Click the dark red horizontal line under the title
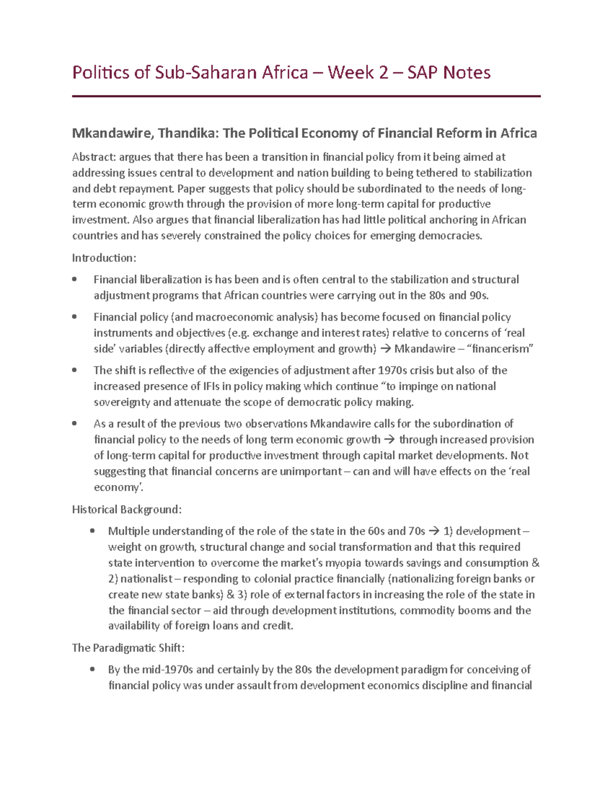coord(306,96)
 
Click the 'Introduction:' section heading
coord(104,258)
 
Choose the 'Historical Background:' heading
coord(127,510)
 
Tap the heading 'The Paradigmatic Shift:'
coord(128,648)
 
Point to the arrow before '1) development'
coord(434,532)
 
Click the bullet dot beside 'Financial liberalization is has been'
coord(75,279)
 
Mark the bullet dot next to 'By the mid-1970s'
coord(92,669)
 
